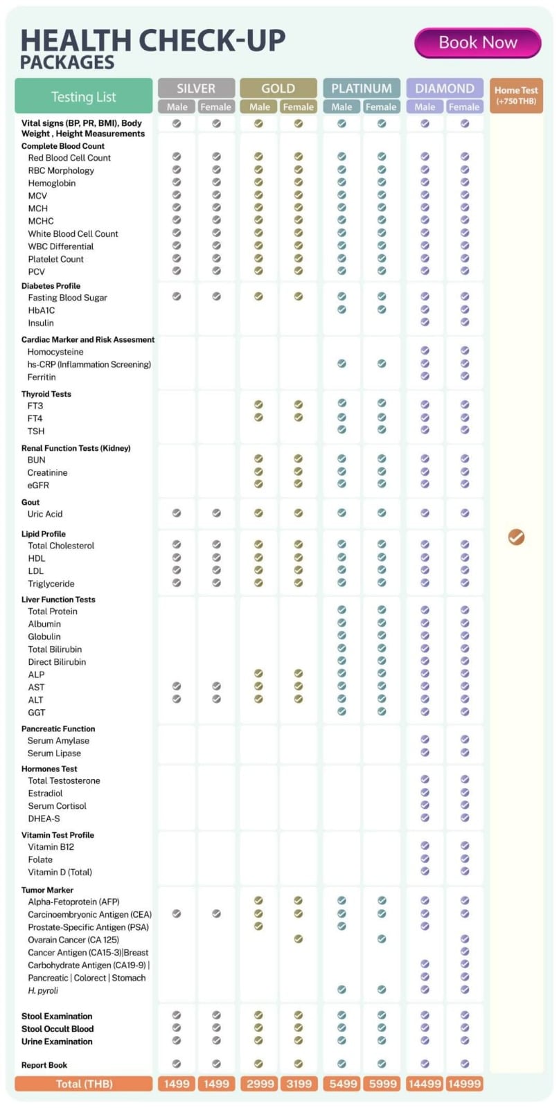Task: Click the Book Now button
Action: click(477, 43)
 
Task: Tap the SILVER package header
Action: click(196, 88)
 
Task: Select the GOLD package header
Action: click(278, 88)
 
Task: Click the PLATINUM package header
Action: click(361, 88)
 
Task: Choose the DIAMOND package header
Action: click(444, 88)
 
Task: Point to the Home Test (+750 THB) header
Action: click(516, 96)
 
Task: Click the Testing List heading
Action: click(83, 97)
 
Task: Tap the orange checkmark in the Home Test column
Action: click(516, 537)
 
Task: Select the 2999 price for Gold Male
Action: click(259, 1084)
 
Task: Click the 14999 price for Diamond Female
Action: click(464, 1084)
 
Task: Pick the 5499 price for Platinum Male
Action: click(342, 1084)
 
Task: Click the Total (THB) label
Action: click(84, 1084)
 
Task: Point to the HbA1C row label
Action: click(42, 310)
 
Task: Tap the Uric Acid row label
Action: click(45, 514)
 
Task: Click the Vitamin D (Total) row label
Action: click(60, 872)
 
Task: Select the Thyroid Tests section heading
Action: click(46, 394)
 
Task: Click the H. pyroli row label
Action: click(43, 990)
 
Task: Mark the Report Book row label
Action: click(44, 1065)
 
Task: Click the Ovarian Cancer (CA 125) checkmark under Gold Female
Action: click(299, 939)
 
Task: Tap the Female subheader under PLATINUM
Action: click(381, 107)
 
